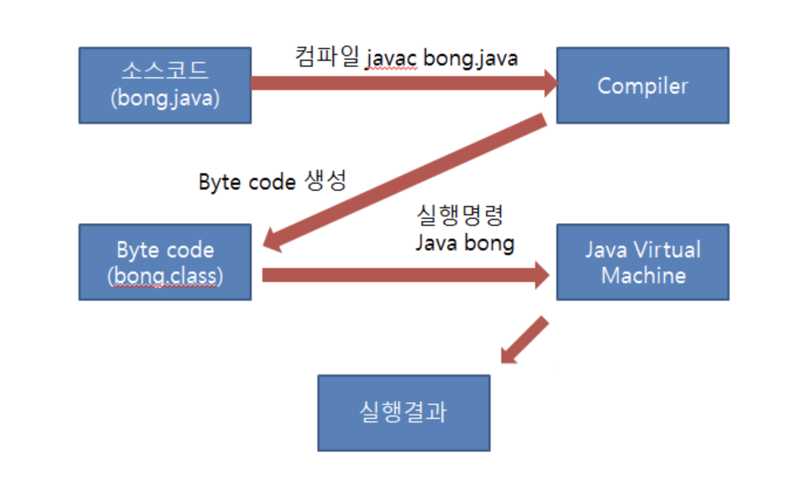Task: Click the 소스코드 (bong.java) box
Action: pos(165,85)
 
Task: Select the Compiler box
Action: pos(642,85)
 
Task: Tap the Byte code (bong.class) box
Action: pos(165,262)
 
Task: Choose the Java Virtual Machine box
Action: pos(642,262)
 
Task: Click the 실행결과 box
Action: pos(403,413)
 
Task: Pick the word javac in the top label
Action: pos(392,59)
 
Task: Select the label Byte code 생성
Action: pos(272,182)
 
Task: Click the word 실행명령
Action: pos(459,217)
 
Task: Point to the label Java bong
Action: pos(465,243)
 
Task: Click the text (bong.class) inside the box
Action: pos(165,276)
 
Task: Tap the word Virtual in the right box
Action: pos(668,250)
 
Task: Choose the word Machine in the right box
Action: pos(643,275)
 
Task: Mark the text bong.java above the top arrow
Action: pos(470,59)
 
